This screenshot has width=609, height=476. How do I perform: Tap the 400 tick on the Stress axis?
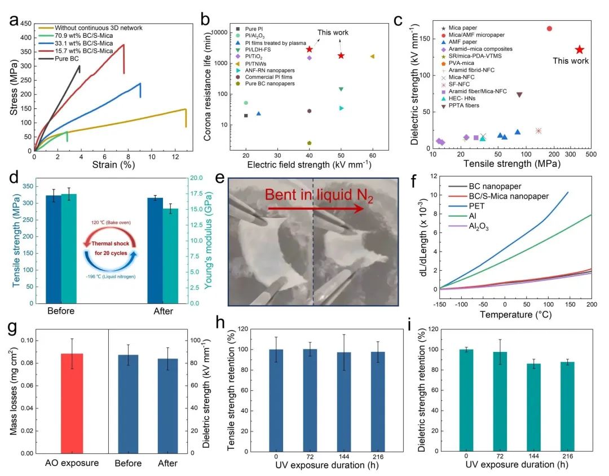[x=25, y=37]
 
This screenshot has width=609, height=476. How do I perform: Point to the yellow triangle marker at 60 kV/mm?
[x=372, y=56]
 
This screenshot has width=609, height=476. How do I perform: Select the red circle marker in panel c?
[x=549, y=29]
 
